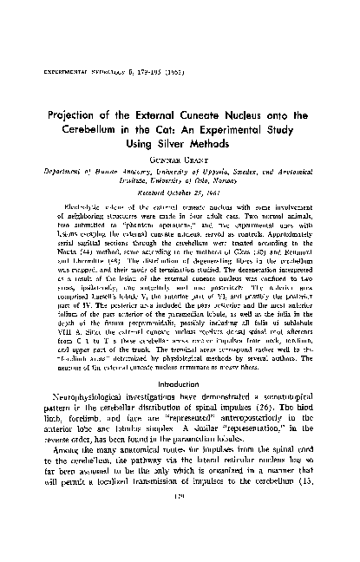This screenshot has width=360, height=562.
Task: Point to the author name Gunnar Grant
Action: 180,172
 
